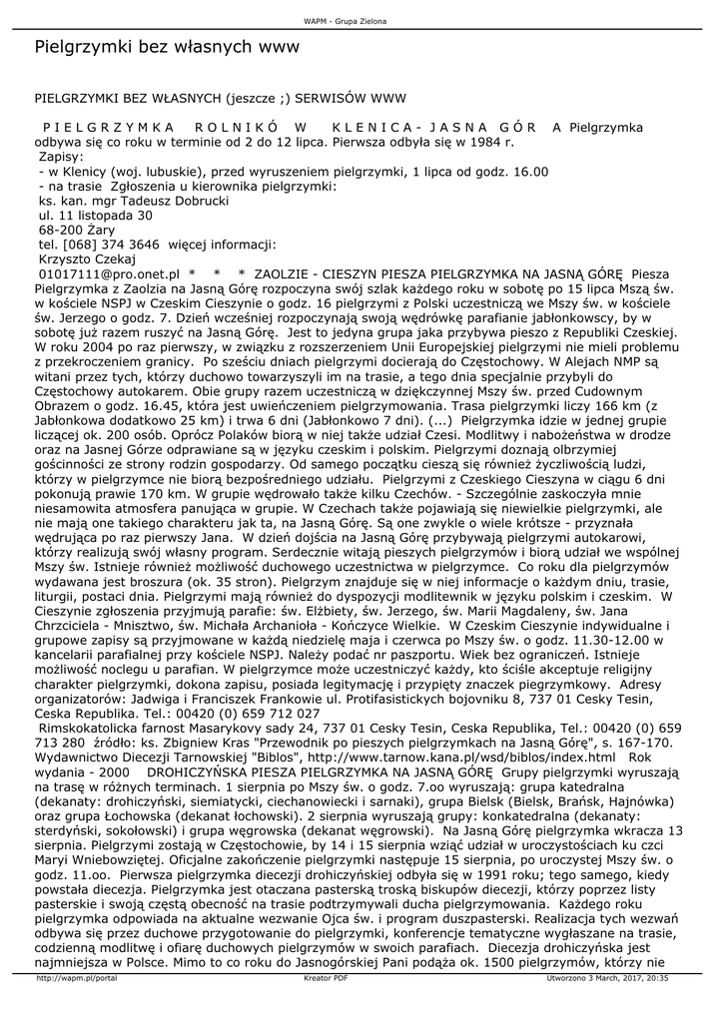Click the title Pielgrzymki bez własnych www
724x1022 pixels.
pyautogui.click(x=160, y=47)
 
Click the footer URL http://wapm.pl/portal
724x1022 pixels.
pyautogui.click(x=77, y=1006)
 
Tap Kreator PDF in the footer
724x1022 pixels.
pyautogui.click(x=325, y=1006)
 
